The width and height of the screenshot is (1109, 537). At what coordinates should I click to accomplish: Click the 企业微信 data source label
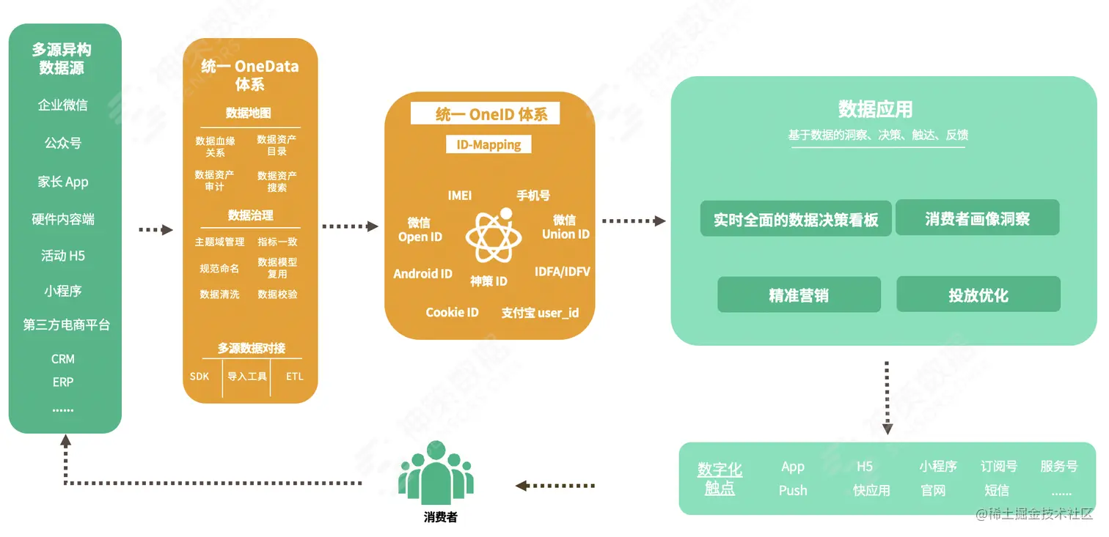(x=63, y=105)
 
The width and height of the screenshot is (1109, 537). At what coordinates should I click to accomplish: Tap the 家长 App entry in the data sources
(x=63, y=182)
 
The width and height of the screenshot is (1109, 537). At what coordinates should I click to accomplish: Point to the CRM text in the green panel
(x=63, y=359)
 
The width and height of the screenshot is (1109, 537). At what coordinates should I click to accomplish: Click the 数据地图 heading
(x=249, y=113)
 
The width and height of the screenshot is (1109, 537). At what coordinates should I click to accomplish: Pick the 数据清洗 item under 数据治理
(x=219, y=295)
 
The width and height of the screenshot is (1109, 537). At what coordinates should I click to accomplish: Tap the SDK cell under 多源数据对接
(x=200, y=377)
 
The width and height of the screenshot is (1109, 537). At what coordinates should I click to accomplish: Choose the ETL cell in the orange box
(x=295, y=377)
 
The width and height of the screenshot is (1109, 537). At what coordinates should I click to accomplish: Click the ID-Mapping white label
(x=488, y=144)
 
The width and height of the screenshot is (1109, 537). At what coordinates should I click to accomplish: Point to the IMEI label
(x=460, y=196)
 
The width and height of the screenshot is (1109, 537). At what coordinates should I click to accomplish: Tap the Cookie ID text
(x=452, y=312)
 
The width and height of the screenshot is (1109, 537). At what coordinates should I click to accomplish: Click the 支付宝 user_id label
(x=540, y=313)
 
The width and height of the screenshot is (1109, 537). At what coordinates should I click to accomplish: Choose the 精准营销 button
(x=799, y=295)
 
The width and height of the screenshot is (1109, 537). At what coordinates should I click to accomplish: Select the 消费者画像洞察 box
(x=978, y=218)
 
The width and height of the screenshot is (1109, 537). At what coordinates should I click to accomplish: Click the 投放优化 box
(x=978, y=295)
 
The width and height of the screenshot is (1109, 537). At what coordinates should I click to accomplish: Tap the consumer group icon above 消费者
(x=436, y=472)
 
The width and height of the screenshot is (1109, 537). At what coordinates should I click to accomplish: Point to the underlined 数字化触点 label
(x=720, y=478)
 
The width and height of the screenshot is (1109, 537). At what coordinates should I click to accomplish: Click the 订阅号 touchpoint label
(x=998, y=466)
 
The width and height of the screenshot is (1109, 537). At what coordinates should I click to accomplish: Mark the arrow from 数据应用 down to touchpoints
(x=887, y=396)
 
